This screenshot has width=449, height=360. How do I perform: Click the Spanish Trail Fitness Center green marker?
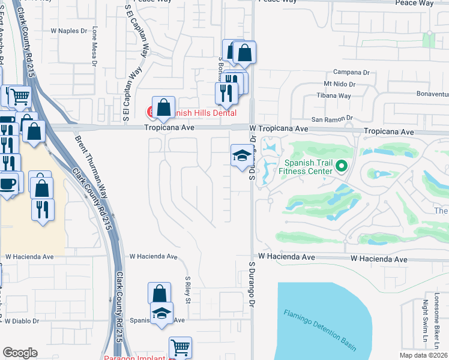click(342, 165)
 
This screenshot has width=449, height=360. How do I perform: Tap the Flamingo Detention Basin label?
click(320, 330)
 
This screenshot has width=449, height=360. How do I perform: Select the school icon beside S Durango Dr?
click(241, 155)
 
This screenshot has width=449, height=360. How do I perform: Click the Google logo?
click(20, 353)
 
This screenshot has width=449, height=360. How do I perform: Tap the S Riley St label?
click(187, 289)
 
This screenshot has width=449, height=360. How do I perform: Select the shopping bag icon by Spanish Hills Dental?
click(163, 107)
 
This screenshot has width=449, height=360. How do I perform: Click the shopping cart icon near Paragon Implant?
click(180, 347)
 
